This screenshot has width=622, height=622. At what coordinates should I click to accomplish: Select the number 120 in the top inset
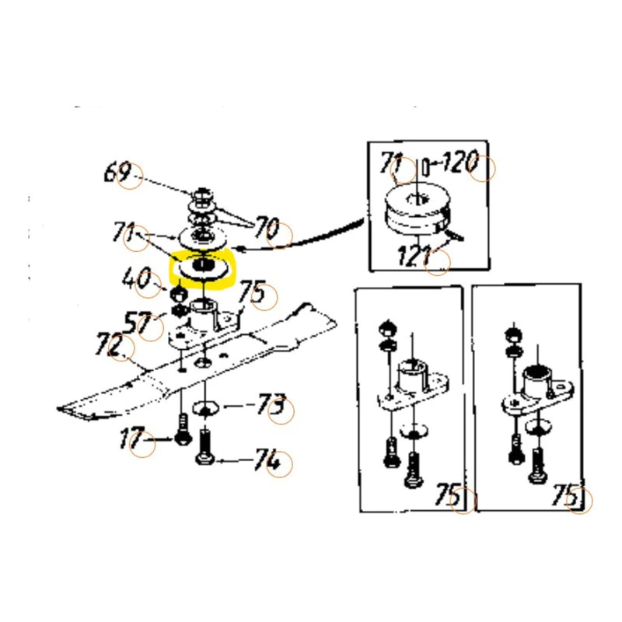460,162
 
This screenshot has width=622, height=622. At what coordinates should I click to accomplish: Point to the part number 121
414,255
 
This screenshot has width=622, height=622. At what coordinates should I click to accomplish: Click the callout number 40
137,278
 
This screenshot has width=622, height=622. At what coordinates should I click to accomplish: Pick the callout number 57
138,323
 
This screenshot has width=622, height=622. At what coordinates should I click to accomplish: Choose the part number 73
271,404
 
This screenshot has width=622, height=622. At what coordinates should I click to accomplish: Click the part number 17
131,438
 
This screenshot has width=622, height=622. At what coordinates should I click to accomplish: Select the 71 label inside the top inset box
392,162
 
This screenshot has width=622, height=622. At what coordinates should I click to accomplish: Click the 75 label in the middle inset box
449,494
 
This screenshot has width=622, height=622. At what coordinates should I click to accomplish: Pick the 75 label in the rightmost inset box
565,494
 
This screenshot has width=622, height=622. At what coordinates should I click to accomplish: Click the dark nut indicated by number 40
178,295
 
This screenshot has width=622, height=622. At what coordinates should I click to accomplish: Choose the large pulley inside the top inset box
418,209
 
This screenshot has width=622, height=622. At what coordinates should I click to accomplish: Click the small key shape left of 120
426,166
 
